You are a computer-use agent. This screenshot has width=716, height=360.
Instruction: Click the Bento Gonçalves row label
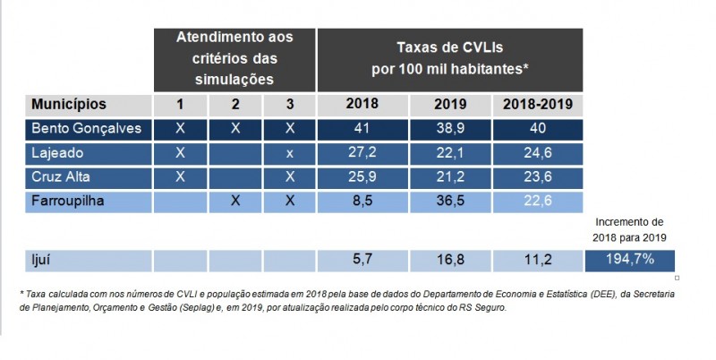click(87, 128)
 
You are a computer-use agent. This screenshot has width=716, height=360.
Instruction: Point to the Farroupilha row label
click(69, 201)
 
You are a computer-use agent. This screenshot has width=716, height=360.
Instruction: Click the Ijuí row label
click(43, 261)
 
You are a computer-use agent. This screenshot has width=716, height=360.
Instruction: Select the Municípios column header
click(69, 105)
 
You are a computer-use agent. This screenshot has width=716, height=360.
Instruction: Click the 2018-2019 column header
click(537, 104)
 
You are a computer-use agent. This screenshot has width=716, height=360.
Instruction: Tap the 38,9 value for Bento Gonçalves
click(450, 128)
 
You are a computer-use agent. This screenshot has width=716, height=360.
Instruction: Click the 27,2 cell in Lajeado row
click(362, 152)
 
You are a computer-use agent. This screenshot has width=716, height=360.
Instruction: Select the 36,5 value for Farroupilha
click(450, 201)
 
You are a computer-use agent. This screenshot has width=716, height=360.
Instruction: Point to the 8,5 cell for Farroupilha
click(362, 201)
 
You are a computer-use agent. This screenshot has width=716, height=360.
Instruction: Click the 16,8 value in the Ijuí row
click(450, 261)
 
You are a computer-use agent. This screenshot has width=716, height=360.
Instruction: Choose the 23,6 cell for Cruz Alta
click(537, 176)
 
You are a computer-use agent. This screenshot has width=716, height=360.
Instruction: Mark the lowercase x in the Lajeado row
click(290, 152)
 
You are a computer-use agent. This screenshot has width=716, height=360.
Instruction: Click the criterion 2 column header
click(235, 105)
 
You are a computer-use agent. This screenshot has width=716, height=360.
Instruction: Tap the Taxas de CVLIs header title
click(449, 56)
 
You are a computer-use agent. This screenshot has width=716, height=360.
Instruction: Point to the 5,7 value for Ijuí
click(362, 261)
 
